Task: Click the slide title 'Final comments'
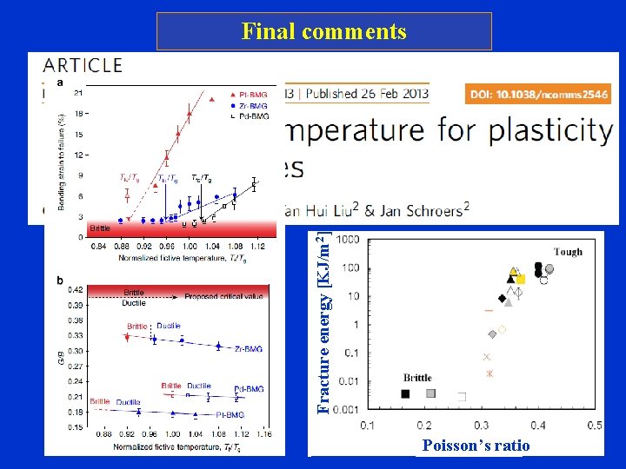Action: (323, 32)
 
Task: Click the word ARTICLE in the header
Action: (83, 64)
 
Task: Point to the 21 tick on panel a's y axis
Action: (78, 93)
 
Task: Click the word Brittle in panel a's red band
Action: (100, 228)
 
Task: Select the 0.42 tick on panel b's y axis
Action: (77, 289)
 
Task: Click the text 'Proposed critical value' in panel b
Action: (223, 296)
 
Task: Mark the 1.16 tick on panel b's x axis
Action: (263, 433)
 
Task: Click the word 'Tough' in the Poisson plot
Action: (568, 252)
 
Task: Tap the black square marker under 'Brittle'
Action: (405, 393)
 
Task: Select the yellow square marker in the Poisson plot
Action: (521, 279)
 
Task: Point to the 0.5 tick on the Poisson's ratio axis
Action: (594, 425)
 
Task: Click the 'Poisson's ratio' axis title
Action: (475, 446)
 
